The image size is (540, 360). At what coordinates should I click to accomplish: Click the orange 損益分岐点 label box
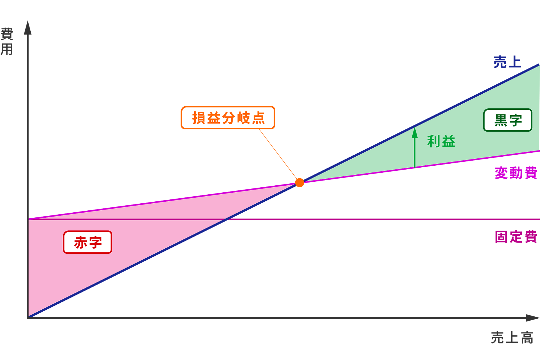tap(228, 118)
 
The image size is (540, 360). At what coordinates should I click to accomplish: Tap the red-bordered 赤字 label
tap(88, 242)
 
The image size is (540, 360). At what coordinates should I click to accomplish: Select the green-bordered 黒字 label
tap(508, 120)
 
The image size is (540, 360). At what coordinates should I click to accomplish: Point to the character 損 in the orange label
tap(199, 118)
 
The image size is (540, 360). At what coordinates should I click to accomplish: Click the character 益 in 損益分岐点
tap(213, 118)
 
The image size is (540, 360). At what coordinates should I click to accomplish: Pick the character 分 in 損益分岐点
tap(228, 118)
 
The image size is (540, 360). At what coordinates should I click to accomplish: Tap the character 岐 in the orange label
tap(243, 118)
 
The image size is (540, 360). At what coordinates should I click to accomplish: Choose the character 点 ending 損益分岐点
tap(258, 118)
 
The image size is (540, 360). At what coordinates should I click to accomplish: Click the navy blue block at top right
tap(394, 70)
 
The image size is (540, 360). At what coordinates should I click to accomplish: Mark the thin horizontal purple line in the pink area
tap(127, 219)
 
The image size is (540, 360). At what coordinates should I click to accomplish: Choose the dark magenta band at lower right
tap(366, 214)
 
